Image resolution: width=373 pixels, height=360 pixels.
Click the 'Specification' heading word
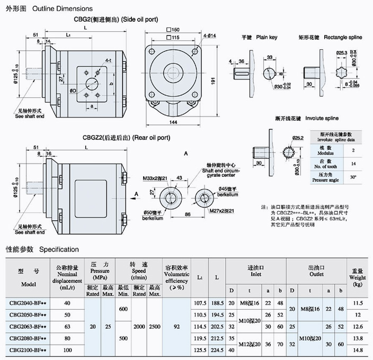pos(59,249)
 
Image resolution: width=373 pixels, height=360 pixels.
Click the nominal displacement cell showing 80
pos(66,339)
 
